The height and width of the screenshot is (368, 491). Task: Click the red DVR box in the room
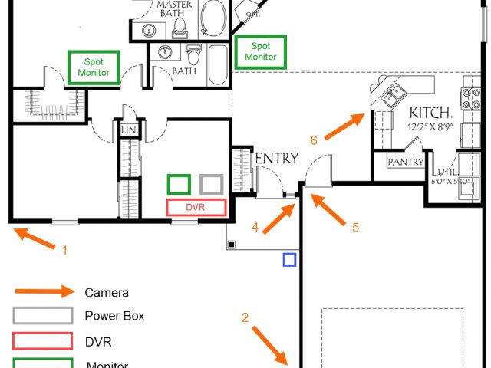[196, 207]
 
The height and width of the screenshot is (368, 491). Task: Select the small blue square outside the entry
[289, 259]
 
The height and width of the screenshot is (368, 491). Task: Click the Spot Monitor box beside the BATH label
[260, 52]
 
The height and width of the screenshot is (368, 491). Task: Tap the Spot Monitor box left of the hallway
[94, 67]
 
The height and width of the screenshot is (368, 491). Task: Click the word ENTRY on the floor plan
[277, 158]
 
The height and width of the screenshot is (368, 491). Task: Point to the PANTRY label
[405, 163]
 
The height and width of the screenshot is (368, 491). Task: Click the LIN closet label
[128, 131]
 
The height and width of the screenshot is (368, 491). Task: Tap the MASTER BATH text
[174, 8]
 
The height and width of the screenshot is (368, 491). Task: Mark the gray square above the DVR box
[212, 184]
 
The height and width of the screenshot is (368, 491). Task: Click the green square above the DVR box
[179, 184]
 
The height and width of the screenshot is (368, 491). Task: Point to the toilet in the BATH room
[193, 56]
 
